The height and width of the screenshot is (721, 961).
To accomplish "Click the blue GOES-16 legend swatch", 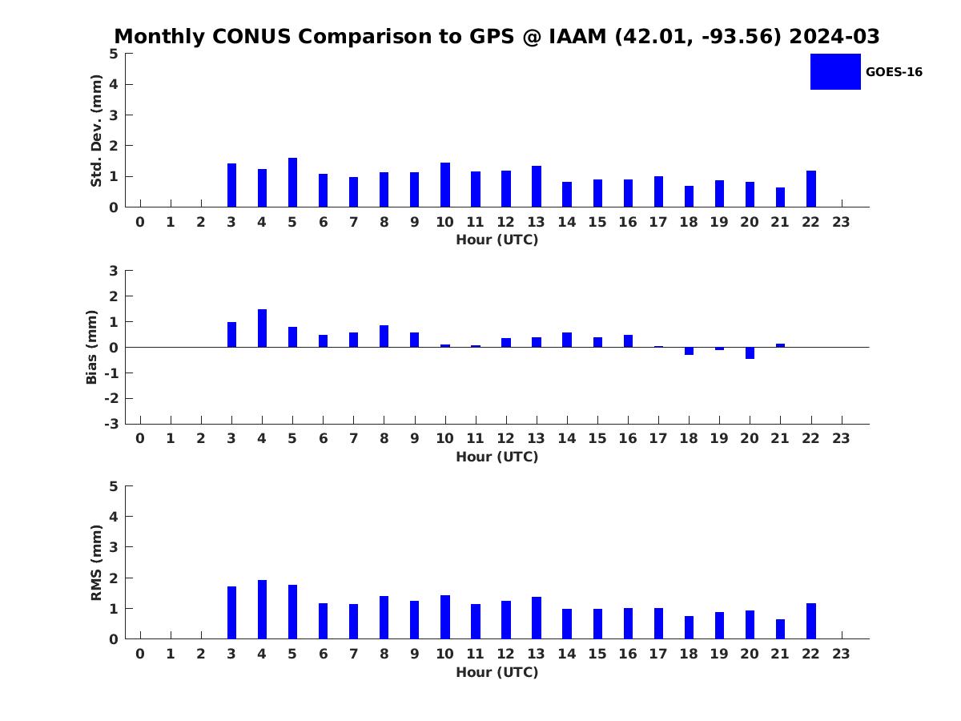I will (x=835, y=71).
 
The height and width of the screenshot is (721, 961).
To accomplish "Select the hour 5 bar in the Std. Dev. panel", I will (x=293, y=183).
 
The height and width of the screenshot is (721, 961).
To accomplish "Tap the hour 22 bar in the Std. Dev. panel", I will (x=811, y=189).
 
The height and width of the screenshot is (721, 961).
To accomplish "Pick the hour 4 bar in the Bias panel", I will (x=262, y=328).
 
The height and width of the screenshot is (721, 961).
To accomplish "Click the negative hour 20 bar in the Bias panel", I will (x=750, y=352).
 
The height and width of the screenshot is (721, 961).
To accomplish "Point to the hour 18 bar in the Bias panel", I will (x=689, y=351).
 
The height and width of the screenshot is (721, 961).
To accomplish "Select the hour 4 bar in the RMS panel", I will (x=262, y=610).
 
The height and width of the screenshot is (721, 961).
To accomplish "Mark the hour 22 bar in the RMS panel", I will (x=811, y=621).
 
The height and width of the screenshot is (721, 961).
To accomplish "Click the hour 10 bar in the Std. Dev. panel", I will (x=445, y=185).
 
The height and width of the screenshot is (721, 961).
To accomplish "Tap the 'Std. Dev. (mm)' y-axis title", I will (x=97, y=131).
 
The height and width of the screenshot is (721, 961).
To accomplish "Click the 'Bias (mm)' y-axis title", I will (x=92, y=347).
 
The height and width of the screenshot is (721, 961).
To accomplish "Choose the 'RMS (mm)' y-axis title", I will (x=97, y=562).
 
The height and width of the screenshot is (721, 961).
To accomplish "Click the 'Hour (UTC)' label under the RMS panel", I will (x=497, y=672).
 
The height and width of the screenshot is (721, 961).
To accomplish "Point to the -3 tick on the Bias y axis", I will (x=113, y=424).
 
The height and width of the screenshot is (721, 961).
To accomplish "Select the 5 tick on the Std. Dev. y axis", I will (x=114, y=54).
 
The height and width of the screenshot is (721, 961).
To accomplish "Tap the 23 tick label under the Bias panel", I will (x=841, y=437).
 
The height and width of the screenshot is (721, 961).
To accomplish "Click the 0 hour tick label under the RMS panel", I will (x=140, y=653).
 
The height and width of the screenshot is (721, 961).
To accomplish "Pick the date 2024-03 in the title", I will (x=834, y=37).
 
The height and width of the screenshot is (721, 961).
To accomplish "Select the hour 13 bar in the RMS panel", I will (x=537, y=618).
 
